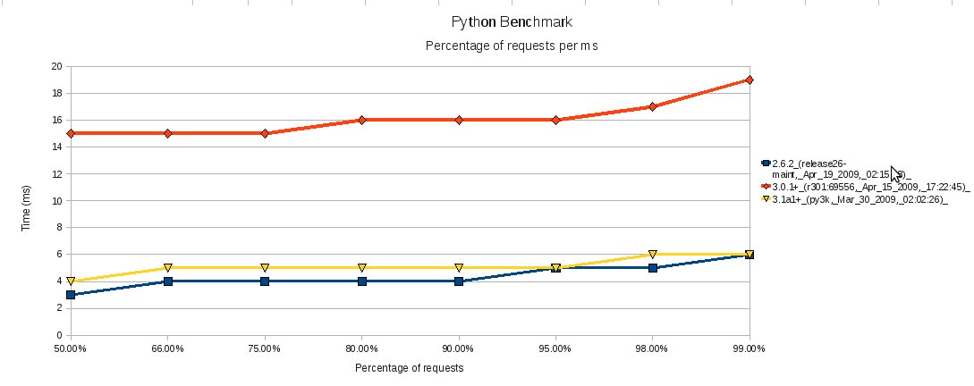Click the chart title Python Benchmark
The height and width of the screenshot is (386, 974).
(x=512, y=21)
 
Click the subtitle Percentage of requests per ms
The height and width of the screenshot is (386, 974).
(x=511, y=46)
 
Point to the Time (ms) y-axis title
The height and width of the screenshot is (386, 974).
(x=27, y=201)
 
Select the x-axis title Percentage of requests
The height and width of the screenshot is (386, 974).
(x=410, y=367)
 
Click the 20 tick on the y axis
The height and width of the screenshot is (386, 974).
(x=55, y=66)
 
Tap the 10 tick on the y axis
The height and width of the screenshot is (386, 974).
(x=55, y=201)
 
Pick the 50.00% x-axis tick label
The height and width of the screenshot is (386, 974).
(x=70, y=349)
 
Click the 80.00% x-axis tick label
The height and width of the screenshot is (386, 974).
(x=361, y=349)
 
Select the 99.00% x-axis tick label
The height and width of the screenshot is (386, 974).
(x=749, y=349)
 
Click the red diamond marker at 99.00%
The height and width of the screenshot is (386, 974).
(x=750, y=80)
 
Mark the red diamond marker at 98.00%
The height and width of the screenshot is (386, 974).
(x=653, y=106)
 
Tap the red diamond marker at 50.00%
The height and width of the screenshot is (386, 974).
(x=71, y=133)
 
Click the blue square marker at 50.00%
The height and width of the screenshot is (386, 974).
(x=71, y=295)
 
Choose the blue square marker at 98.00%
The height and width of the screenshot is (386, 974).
(x=653, y=268)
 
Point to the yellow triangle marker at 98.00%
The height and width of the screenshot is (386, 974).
(x=653, y=255)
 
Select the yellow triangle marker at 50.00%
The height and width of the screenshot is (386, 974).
(x=71, y=281)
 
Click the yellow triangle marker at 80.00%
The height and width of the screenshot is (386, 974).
(x=362, y=268)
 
